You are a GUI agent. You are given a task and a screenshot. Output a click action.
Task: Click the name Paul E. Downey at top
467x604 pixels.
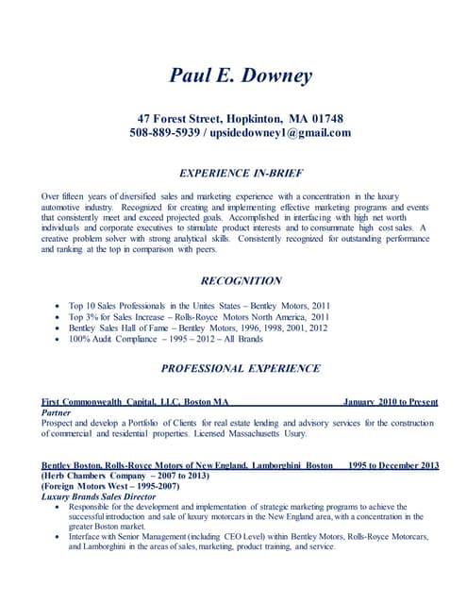[240, 75]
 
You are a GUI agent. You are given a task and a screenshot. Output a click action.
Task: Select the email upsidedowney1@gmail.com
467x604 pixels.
[280, 133]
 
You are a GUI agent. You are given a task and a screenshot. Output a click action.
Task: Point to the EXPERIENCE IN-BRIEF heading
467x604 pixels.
[240, 173]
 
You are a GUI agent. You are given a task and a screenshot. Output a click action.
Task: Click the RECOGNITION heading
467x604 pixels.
[241, 280]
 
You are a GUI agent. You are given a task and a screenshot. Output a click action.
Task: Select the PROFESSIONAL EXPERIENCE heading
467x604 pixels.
[240, 368]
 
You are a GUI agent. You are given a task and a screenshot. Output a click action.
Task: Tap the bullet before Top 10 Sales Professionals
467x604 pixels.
[58, 307]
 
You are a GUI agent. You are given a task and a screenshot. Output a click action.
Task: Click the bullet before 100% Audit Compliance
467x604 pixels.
[58, 339]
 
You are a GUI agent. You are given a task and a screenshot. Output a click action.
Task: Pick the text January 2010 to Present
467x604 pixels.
[390, 402]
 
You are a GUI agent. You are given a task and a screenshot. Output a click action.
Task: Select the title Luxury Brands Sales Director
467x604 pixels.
[98, 495]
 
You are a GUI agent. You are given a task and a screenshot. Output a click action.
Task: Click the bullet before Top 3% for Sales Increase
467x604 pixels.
[58, 317]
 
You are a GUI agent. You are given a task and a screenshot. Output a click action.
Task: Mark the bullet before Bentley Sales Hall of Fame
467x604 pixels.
[58, 328]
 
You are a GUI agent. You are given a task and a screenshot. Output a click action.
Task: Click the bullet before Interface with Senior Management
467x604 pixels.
[58, 537]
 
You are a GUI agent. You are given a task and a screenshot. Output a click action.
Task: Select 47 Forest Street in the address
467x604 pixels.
[180, 119]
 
